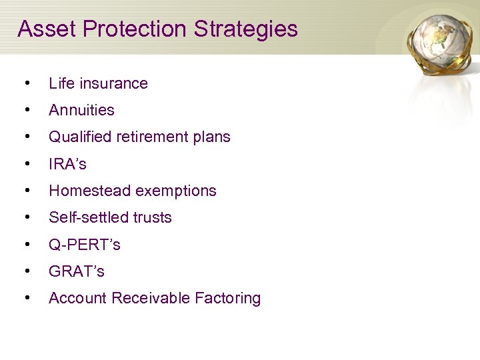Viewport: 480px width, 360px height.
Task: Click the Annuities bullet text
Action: [81, 110]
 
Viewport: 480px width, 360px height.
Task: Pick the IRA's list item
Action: [67, 164]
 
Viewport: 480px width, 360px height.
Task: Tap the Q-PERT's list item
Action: [85, 245]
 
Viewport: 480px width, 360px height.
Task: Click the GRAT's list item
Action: [77, 271]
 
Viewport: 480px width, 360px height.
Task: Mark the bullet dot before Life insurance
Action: [26, 83]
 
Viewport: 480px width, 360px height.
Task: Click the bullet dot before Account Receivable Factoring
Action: [26, 298]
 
